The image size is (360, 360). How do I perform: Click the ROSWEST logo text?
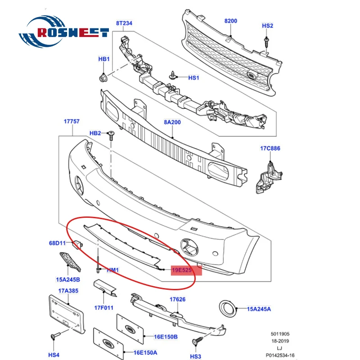click(x=73, y=32)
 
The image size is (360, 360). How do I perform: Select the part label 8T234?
click(x=124, y=23)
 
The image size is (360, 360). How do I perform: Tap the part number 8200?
click(x=231, y=21)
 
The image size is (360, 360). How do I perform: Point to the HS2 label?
click(x=267, y=26)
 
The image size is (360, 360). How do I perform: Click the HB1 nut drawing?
click(x=103, y=77)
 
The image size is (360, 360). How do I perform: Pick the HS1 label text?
click(x=193, y=78)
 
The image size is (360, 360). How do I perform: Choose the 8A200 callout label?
click(x=172, y=122)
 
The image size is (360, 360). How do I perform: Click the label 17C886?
click(x=270, y=148)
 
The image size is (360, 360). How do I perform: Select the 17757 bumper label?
click(x=72, y=121)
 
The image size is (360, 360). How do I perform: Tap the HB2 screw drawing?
click(x=111, y=136)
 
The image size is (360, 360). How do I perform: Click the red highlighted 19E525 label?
click(x=186, y=270)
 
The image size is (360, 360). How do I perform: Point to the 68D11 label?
click(x=58, y=243)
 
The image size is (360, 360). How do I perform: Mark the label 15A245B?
click(x=68, y=279)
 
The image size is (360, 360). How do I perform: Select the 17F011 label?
click(x=104, y=308)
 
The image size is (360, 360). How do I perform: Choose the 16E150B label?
click(x=166, y=337)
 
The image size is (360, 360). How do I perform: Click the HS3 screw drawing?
click(x=197, y=340)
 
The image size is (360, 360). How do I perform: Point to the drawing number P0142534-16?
click(x=280, y=355)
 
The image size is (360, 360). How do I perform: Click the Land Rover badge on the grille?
click(x=252, y=76)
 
